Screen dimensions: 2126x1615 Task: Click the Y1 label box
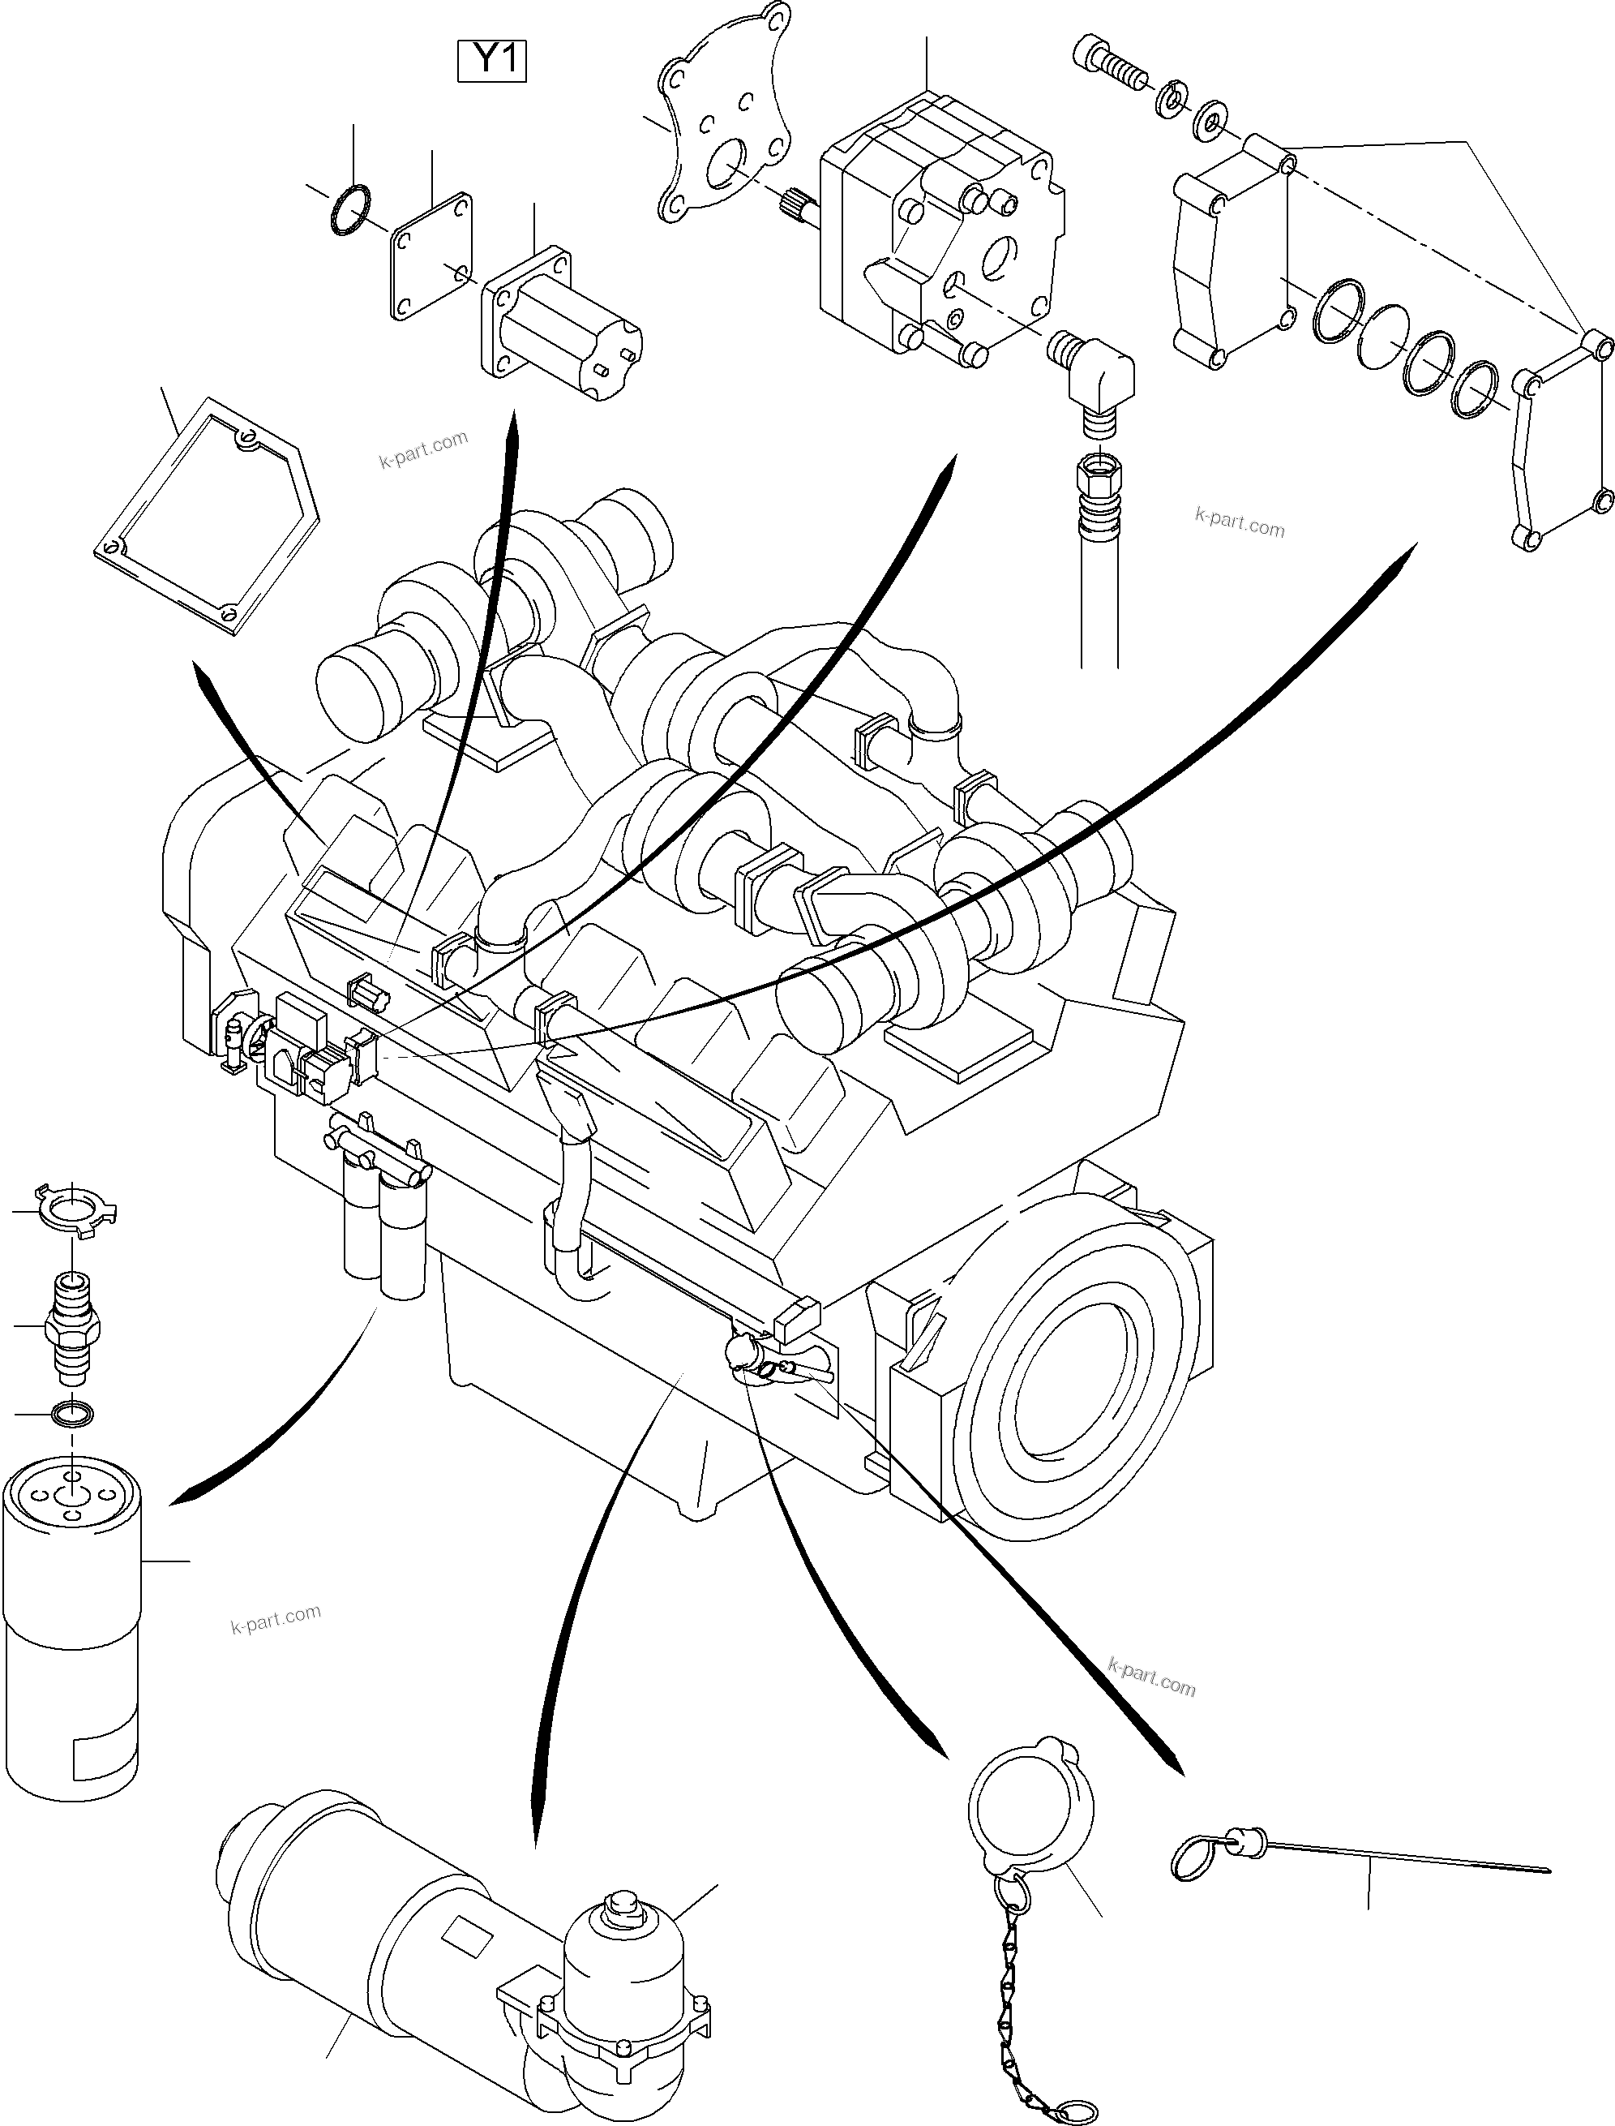pos(491,62)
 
